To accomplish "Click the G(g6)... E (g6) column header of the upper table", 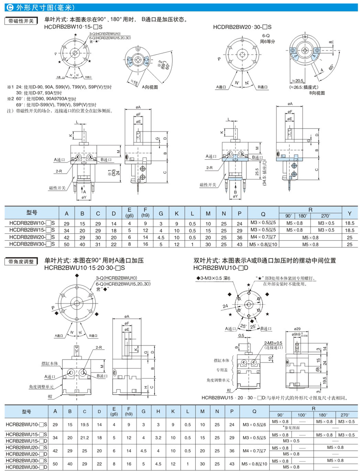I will coord(129,211).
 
